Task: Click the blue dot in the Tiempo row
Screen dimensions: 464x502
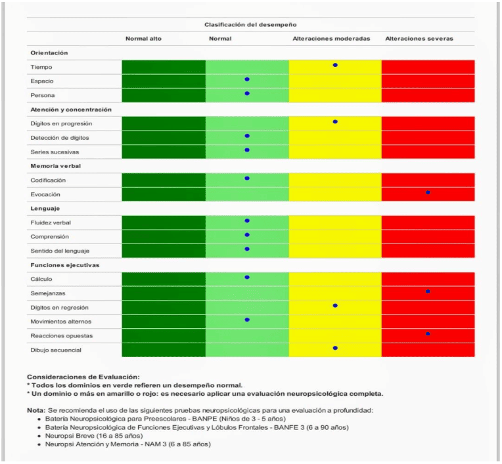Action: click(335, 65)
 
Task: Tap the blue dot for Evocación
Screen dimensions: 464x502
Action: click(428, 192)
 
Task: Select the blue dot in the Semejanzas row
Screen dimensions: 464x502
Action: click(428, 291)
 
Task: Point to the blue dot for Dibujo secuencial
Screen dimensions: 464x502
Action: click(335, 348)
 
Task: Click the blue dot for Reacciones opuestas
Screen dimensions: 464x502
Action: click(428, 334)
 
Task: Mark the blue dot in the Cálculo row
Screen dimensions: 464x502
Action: click(247, 277)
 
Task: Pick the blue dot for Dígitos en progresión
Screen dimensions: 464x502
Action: click(335, 121)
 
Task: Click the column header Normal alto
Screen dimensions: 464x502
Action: click(143, 39)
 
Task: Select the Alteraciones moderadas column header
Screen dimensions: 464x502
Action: click(331, 39)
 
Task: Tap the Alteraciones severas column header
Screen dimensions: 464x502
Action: click(419, 39)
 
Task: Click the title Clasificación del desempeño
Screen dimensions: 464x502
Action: click(250, 24)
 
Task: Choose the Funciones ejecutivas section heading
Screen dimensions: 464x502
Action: click(64, 265)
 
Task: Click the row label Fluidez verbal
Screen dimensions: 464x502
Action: click(51, 223)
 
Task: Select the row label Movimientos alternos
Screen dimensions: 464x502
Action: click(60, 322)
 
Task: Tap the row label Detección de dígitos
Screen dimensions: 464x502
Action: click(59, 138)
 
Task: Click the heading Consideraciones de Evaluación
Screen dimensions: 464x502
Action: click(83, 377)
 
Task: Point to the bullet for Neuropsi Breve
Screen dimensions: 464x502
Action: click(41, 436)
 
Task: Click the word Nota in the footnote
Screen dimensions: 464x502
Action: click(35, 410)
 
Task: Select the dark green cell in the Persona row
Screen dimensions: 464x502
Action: click(164, 95)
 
